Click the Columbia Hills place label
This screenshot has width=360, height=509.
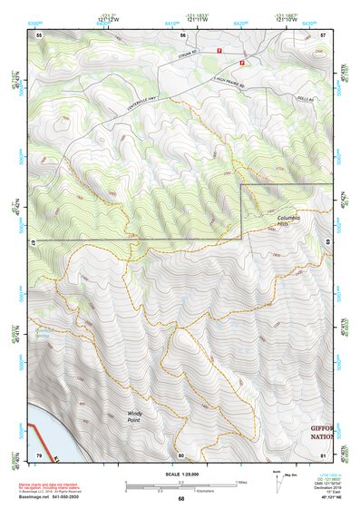click(x=289, y=221)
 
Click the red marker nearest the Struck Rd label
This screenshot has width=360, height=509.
click(x=219, y=52)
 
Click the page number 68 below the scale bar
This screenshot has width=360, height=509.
click(x=180, y=499)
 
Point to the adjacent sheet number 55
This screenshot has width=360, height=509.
click(x=39, y=34)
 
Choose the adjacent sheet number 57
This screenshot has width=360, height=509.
click(x=323, y=34)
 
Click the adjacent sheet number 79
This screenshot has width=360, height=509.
click(x=39, y=454)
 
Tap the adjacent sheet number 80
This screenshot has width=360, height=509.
click(x=180, y=455)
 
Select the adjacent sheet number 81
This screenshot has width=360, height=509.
click(x=323, y=454)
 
